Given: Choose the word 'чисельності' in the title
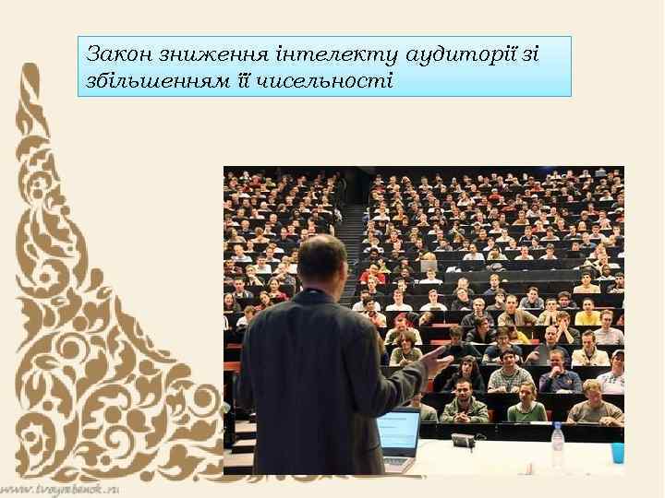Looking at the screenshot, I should point(338,80).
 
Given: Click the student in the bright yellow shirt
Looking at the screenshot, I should point(587,313).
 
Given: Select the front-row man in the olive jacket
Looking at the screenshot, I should point(465,406).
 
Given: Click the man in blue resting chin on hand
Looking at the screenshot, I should point(560,373).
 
